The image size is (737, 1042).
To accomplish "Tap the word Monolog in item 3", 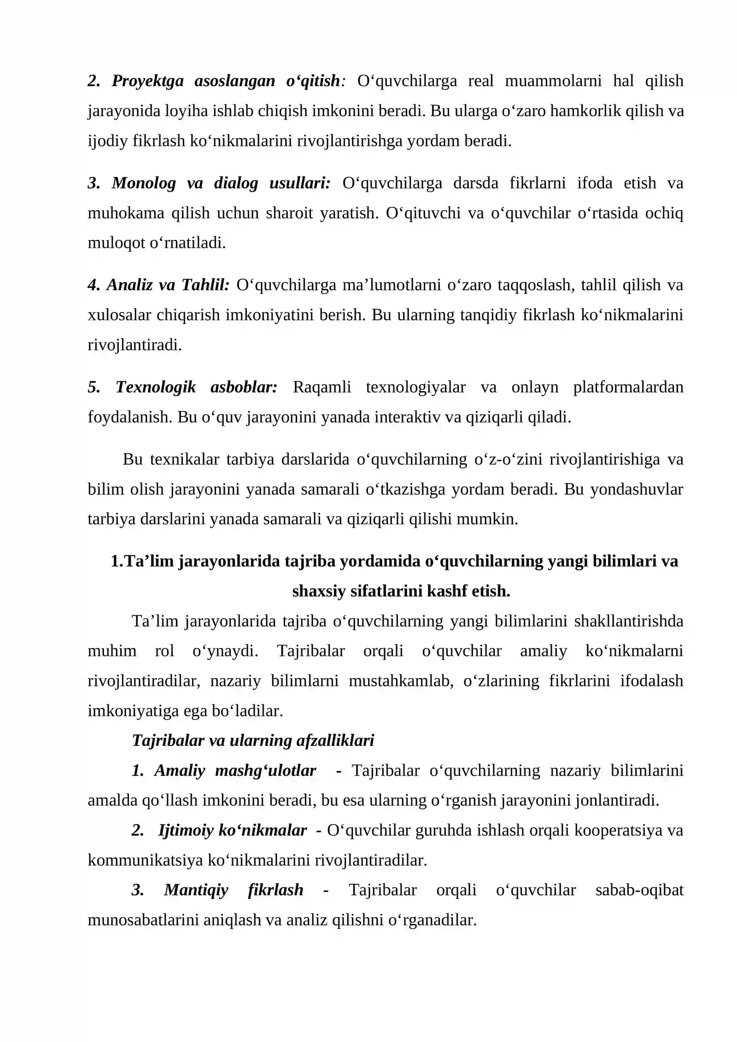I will [144, 183].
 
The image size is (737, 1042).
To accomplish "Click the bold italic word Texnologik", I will [156, 387].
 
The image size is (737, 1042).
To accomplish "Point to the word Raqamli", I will [322, 387].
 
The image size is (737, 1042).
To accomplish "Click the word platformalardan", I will [628, 387].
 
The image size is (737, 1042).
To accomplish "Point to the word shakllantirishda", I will [628, 621].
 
